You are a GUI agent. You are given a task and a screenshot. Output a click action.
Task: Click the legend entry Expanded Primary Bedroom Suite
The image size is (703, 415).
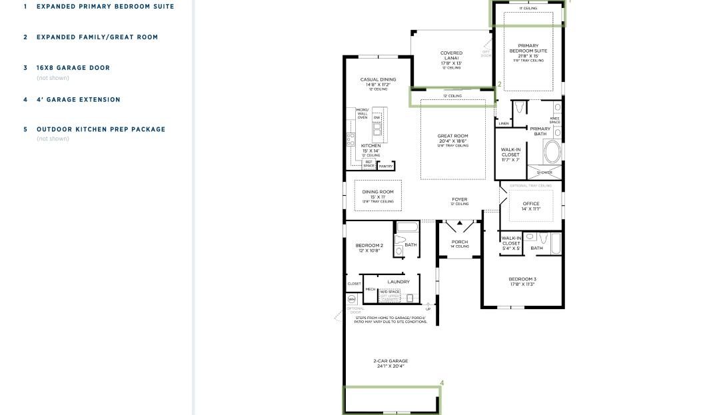[105, 7]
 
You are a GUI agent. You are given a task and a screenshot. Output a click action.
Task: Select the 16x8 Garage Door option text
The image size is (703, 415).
[73, 68]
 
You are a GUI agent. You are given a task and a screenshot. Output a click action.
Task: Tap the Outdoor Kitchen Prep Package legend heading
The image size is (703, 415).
[101, 129]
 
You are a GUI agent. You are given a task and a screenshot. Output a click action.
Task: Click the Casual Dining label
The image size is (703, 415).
[378, 79]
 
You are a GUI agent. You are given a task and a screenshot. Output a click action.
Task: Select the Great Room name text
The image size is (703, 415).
[452, 136]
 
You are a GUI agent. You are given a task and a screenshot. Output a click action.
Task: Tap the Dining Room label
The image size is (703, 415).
[378, 192]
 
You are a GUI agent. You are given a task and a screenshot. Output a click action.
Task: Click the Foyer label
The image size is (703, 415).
[459, 199]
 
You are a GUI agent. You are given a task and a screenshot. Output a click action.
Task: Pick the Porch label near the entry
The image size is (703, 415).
[459, 242]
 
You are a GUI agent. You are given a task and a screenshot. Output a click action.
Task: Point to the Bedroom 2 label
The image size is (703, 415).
[369, 246]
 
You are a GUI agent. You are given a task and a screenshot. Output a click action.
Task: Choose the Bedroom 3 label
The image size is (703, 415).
[522, 279]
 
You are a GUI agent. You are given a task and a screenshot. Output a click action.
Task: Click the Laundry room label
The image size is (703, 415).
[398, 282]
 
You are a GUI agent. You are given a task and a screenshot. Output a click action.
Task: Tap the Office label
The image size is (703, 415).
[531, 204]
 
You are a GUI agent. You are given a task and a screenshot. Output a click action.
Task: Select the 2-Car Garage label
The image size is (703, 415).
[390, 361]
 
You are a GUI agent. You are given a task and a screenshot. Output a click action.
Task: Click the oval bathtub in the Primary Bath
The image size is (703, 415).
[552, 153]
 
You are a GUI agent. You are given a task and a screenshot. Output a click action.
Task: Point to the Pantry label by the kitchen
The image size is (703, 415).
[386, 166]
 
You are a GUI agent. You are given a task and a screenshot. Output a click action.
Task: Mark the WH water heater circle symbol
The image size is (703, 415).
[352, 299]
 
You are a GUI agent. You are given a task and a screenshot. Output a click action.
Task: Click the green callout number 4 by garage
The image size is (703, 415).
[442, 383]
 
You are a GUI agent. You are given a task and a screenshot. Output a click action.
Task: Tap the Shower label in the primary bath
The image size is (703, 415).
[544, 173]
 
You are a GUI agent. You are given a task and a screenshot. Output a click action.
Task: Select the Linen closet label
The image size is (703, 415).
[504, 123]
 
